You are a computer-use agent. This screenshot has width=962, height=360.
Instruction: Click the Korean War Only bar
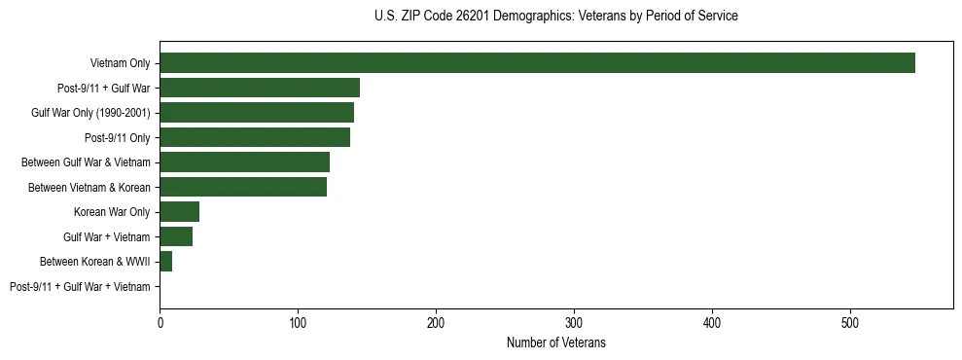coord(179,212)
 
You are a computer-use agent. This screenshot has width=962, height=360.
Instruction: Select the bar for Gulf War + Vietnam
coord(176,236)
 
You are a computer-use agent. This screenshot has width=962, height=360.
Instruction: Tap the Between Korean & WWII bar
coord(165,262)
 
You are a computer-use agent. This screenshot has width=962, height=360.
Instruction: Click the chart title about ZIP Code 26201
coord(555,17)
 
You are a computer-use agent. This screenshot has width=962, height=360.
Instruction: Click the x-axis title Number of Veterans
coord(555,342)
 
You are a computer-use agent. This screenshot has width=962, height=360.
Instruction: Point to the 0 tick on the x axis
coord(160,322)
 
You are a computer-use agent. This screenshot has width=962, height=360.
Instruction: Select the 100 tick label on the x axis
coord(298,322)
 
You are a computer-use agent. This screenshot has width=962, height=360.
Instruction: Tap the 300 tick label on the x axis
coord(574,322)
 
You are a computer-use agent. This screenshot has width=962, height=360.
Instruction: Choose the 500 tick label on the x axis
coord(850,322)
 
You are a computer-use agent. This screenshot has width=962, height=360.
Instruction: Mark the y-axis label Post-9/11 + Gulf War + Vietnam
coord(80,287)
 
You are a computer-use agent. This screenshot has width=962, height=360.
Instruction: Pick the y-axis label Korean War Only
coord(112,212)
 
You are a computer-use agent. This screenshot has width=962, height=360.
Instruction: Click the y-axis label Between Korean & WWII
coord(95,262)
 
